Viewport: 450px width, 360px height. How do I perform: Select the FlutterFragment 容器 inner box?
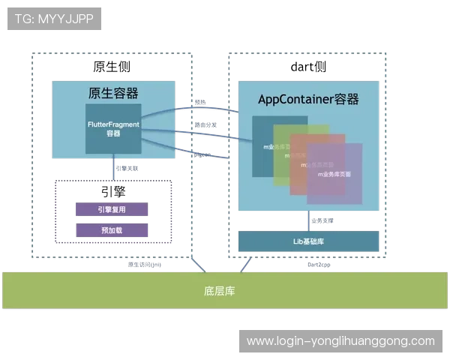click(x=113, y=127)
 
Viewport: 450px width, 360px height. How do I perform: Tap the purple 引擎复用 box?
click(x=111, y=209)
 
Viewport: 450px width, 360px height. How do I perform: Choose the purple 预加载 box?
click(x=111, y=230)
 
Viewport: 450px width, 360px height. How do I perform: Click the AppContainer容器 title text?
click(x=308, y=100)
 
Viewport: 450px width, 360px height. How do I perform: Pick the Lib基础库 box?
click(x=308, y=241)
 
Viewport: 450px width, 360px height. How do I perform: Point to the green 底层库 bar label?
click(x=219, y=290)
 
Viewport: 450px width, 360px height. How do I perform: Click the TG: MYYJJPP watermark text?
click(x=54, y=19)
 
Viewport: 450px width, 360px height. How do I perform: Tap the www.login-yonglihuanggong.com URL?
click(x=340, y=341)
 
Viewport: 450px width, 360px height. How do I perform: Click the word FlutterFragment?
click(x=113, y=121)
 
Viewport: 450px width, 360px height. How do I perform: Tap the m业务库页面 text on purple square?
click(x=334, y=174)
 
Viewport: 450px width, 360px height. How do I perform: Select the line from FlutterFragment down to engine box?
click(x=113, y=166)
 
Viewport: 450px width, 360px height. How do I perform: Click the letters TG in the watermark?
click(x=22, y=19)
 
